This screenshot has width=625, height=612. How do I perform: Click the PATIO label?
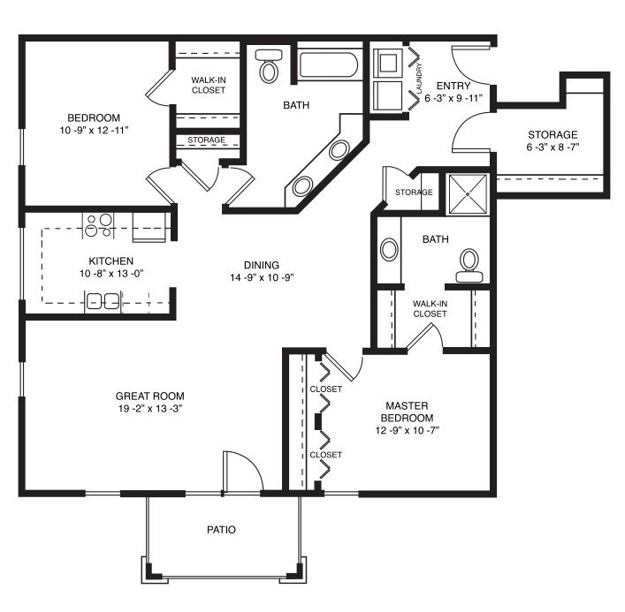(x=221, y=530)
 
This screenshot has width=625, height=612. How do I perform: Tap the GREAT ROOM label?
(x=150, y=397)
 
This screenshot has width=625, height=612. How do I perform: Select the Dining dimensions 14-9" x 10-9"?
(x=262, y=277)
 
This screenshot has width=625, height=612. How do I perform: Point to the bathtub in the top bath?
(x=329, y=64)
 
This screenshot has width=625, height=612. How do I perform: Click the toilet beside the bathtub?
(x=269, y=65)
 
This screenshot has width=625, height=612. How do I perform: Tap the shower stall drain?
(x=468, y=194)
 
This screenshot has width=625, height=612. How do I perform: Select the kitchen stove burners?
(x=99, y=225)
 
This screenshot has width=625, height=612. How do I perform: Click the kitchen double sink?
(x=103, y=301)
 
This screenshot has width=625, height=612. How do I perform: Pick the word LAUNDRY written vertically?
(x=419, y=79)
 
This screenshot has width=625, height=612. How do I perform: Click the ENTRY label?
(x=454, y=86)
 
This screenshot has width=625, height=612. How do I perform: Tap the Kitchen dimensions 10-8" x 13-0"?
(x=111, y=274)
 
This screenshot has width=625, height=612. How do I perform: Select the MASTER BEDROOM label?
(x=407, y=412)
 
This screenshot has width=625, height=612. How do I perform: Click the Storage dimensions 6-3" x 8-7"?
(x=553, y=147)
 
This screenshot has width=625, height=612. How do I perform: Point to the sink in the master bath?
(x=389, y=250)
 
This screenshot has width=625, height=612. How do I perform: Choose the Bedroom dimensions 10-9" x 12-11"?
(x=94, y=130)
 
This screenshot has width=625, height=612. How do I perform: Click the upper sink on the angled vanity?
(x=339, y=150)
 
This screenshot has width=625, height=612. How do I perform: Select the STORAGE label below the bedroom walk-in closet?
(x=207, y=140)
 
